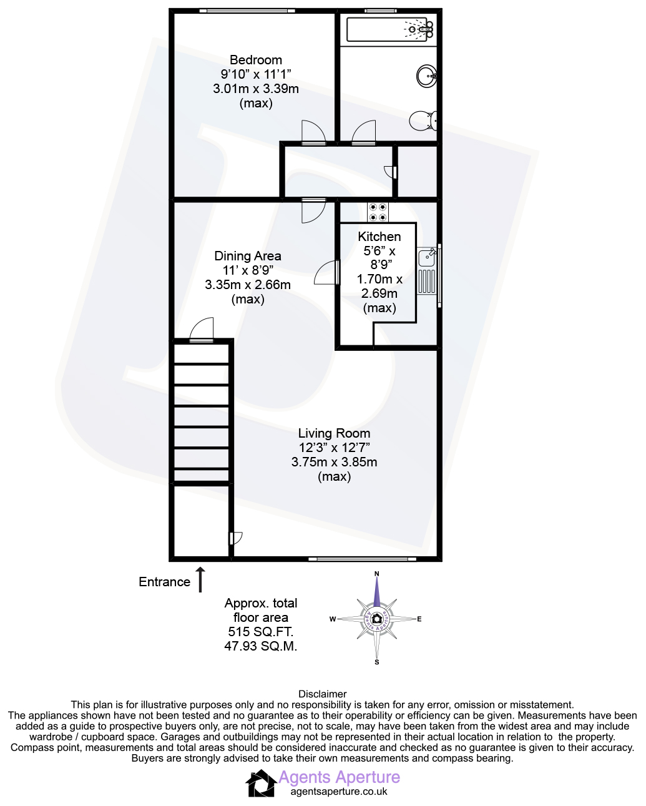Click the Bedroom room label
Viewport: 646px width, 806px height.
coord(255,60)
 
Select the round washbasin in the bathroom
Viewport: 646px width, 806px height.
coord(426,76)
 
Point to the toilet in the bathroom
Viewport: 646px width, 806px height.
coord(423,120)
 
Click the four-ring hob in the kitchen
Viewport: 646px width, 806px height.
coord(378,212)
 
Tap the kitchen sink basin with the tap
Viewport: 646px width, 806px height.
coord(426,257)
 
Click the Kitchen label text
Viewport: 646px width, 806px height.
coord(379,237)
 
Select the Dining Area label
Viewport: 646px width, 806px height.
coord(248,256)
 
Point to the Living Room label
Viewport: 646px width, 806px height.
coord(334,433)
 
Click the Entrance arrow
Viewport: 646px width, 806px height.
coord(200,579)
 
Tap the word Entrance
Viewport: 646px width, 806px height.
coord(164,582)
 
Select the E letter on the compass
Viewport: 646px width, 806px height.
coord(419,619)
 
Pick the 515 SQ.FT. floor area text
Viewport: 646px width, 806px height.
coord(261,632)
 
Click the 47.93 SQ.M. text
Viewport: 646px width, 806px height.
coord(261,646)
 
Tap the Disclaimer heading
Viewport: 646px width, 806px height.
coord(323,694)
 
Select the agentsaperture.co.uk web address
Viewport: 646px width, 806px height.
coord(339,792)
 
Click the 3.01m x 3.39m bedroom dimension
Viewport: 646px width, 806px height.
coord(256,89)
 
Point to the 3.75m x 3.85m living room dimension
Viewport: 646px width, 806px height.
coord(334,462)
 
